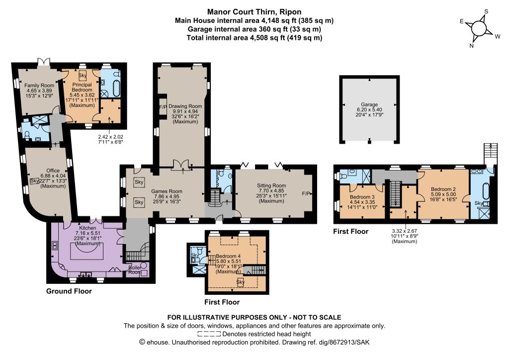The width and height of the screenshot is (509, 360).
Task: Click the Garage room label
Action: click(369, 104)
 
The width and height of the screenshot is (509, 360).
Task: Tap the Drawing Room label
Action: click(185, 106)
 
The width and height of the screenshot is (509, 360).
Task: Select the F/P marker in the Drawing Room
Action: click(163, 107)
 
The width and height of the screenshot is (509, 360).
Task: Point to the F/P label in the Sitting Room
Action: click(306, 193)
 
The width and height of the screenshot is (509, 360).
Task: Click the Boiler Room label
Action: click(135, 270)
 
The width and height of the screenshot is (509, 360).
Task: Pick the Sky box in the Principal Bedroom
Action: click(83, 76)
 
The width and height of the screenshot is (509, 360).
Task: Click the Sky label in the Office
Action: click(34, 181)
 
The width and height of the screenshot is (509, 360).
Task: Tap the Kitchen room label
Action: click(87, 228)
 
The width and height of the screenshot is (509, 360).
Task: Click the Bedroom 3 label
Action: click(362, 197)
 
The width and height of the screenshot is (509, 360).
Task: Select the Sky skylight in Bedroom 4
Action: click(241, 282)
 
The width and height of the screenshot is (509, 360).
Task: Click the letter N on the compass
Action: click(471, 46)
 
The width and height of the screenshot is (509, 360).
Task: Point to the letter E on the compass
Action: click(462, 21)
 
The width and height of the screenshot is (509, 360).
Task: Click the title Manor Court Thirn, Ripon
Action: click(254, 12)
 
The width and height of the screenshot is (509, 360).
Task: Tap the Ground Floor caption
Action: click(69, 291)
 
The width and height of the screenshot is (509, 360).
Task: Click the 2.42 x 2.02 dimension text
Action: click(111, 137)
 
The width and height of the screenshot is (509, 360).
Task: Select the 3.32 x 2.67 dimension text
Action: click(405, 231)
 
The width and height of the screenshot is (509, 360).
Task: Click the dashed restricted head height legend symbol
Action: click(209, 334)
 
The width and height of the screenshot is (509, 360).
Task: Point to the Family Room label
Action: click(39, 86)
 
